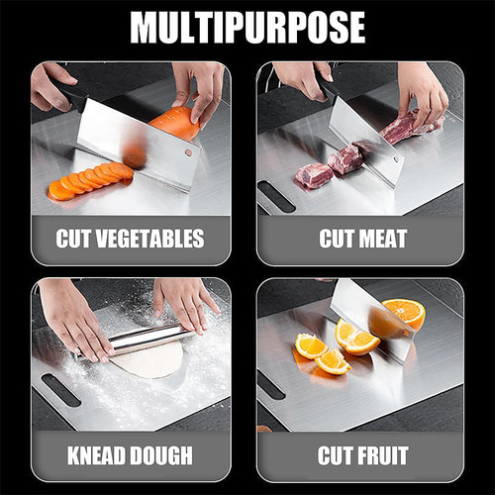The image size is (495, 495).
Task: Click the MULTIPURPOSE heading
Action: (x=247, y=27)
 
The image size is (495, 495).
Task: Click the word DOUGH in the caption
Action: (x=160, y=455)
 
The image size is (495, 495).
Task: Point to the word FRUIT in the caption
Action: (x=384, y=455)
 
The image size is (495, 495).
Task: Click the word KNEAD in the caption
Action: (x=97, y=455)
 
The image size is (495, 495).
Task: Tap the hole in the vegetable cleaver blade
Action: (x=188, y=152)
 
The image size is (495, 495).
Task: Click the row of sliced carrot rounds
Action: (x=90, y=181)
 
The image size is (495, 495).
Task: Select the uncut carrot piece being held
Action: (x=175, y=123)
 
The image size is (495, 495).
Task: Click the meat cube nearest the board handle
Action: (x=314, y=175)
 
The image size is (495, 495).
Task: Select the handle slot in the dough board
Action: (x=61, y=390)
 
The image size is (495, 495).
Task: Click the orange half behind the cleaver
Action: (x=405, y=313)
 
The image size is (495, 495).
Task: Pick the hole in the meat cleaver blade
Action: (x=395, y=159)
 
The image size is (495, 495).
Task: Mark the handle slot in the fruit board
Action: (x=270, y=386)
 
